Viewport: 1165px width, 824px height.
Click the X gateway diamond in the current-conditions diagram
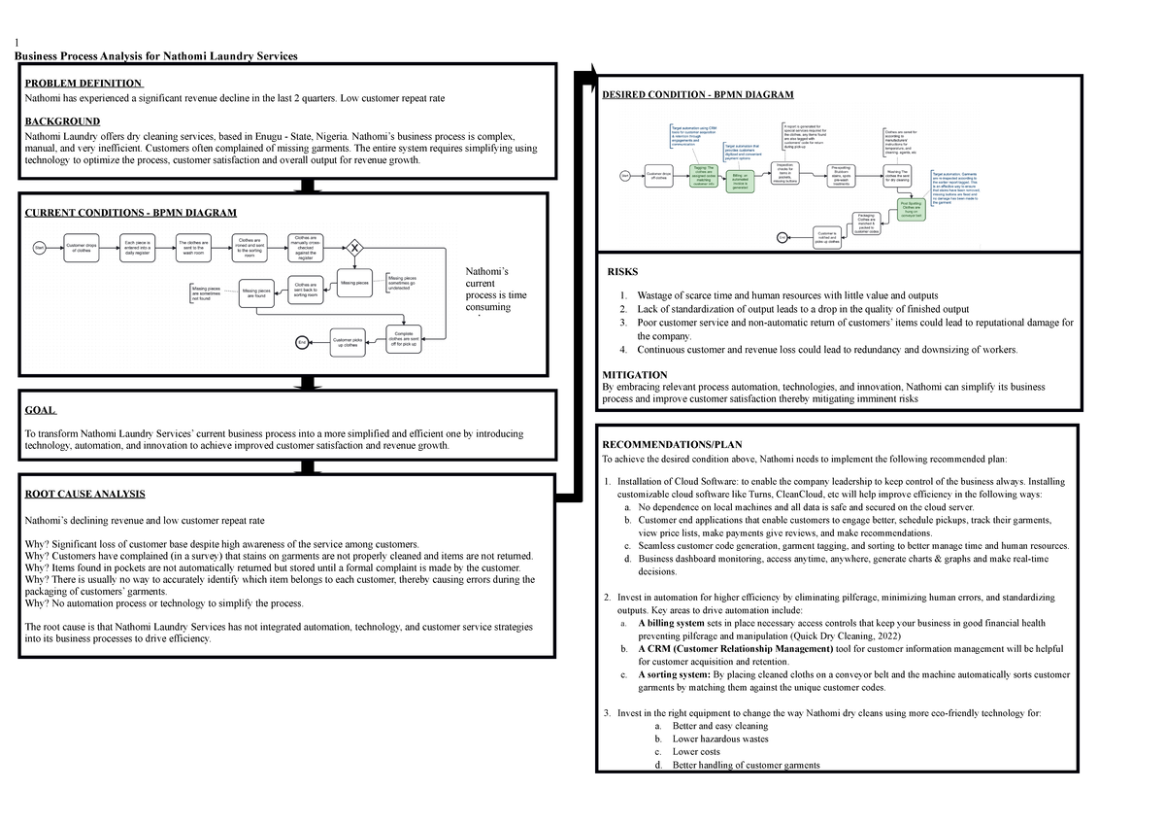(x=355, y=249)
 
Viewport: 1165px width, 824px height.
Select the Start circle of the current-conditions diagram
(x=41, y=250)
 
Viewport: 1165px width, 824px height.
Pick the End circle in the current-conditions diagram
(x=302, y=342)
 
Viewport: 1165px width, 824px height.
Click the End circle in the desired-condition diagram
(x=782, y=237)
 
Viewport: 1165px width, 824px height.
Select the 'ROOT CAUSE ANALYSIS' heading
(x=83, y=495)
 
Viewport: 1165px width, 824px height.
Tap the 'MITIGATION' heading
(x=635, y=374)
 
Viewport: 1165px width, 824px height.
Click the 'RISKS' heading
(x=622, y=273)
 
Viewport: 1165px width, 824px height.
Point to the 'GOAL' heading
(x=40, y=411)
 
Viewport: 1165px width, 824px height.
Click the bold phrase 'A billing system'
(x=678, y=623)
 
